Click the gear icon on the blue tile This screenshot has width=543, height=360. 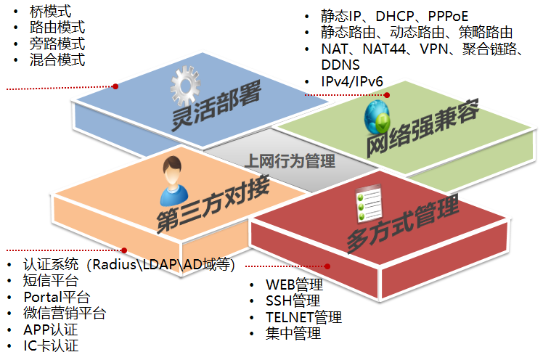click(185, 86)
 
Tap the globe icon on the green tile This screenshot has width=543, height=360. click(377, 117)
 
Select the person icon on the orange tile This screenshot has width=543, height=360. click(173, 181)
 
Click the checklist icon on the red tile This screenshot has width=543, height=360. click(369, 203)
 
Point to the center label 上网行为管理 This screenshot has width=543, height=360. click(290, 161)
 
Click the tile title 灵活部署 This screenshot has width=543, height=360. click(216, 105)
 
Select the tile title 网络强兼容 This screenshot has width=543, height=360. click(422, 128)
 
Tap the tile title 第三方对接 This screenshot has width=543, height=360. click(213, 204)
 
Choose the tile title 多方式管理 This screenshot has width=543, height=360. click(403, 224)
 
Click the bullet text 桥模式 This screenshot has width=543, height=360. click(51, 12)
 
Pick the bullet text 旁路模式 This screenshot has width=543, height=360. click(57, 44)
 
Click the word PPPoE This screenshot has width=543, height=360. click(448, 16)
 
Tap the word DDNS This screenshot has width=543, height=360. click(340, 65)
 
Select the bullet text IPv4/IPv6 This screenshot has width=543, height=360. click(352, 82)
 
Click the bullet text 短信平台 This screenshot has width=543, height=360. click(51, 281)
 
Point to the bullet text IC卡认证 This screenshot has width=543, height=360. click(51, 345)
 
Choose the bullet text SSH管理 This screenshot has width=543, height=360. click(293, 300)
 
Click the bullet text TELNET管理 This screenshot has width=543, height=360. click(303, 317)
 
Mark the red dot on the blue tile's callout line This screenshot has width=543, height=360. click(115, 86)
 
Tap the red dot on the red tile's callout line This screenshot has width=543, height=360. click(327, 266)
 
